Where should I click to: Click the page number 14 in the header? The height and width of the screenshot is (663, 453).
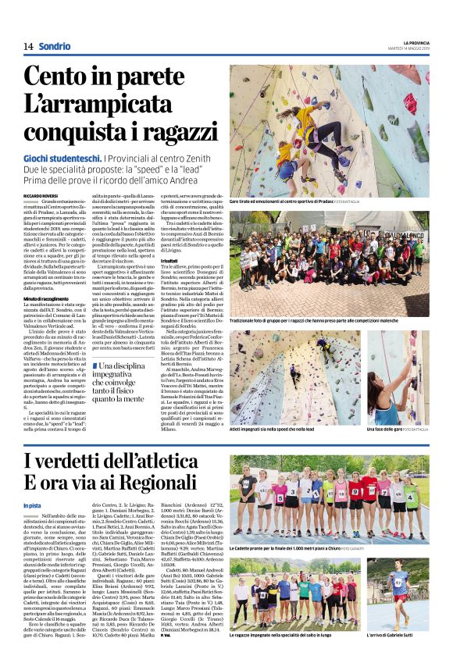pyautogui.click(x=28, y=46)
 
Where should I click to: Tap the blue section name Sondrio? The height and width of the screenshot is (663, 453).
pyautogui.click(x=55, y=46)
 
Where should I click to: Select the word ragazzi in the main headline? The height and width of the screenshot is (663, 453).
pyautogui.click(x=168, y=131)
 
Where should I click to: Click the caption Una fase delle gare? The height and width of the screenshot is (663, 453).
pyautogui.click(x=390, y=430)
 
